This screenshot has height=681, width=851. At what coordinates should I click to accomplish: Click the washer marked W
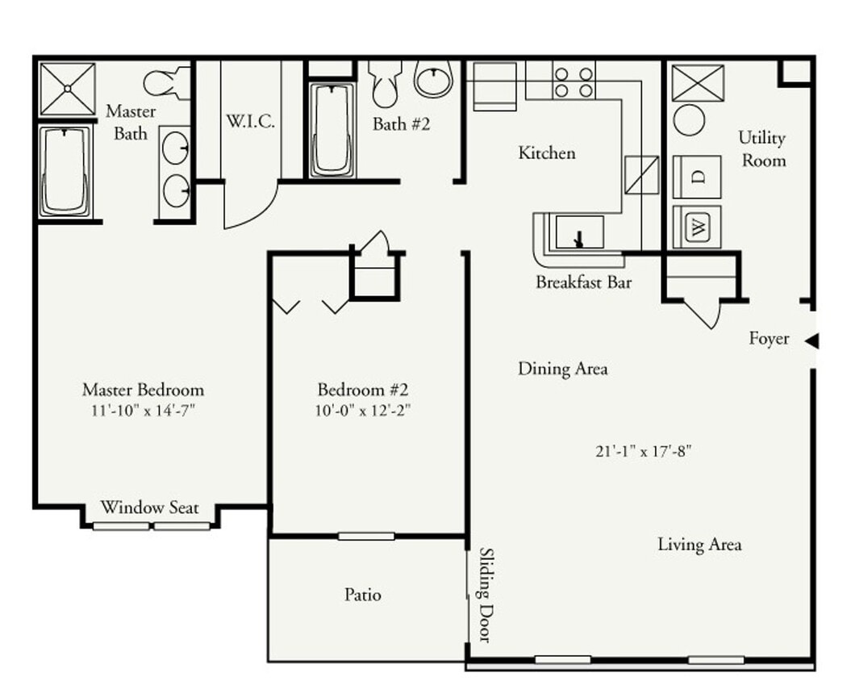(697, 228)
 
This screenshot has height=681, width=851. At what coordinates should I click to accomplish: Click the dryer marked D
(697, 176)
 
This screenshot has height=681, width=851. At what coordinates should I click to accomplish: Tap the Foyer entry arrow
(811, 340)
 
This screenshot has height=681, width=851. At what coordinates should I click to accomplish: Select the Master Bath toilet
(166, 83)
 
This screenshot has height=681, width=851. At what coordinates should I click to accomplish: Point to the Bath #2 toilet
(386, 82)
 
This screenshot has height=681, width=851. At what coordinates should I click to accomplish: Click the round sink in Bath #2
(434, 79)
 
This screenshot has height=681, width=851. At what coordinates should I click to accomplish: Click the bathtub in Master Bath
(65, 171)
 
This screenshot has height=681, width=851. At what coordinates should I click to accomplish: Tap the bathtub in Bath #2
(332, 129)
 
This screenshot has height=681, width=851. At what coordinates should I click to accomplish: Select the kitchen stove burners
(573, 81)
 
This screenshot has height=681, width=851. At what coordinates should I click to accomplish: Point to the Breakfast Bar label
(583, 283)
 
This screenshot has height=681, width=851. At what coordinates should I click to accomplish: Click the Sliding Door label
(486, 595)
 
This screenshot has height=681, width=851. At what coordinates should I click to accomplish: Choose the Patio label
(363, 595)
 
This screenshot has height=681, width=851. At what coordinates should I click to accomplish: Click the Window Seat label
(149, 508)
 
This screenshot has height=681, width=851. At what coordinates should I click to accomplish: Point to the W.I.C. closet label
(250, 122)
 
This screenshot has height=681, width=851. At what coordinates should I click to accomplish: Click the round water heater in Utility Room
(689, 121)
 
